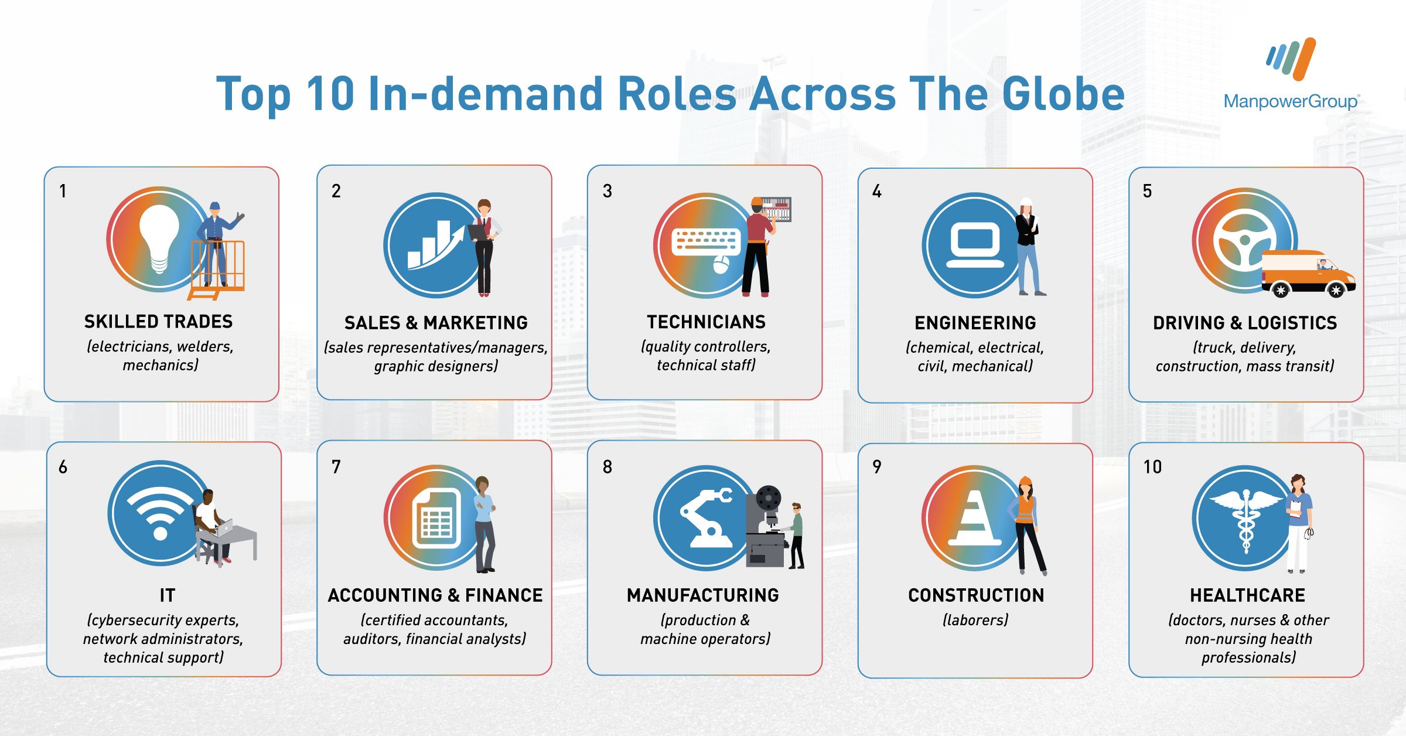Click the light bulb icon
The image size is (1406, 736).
[x=158, y=239]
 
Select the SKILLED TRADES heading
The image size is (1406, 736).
[x=158, y=321]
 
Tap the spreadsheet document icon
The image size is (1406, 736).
[x=436, y=517]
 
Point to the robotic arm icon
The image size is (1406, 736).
[x=708, y=518]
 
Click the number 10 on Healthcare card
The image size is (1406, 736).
[x=1152, y=466]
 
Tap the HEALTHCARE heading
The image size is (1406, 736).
[x=1247, y=595]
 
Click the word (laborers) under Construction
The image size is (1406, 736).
[x=975, y=620]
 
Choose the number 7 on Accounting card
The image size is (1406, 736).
[x=336, y=466]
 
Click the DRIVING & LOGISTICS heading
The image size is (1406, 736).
[x=1245, y=323]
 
